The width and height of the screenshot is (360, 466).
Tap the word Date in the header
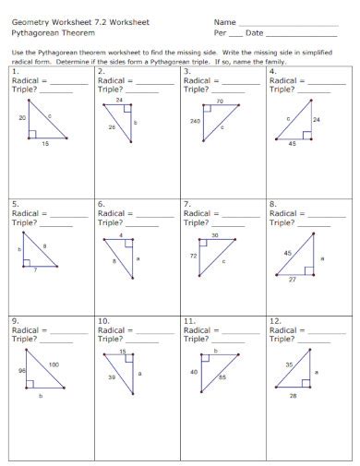click(x=254, y=33)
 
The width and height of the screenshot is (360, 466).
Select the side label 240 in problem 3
click(x=194, y=121)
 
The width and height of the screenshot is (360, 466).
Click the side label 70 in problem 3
click(x=220, y=101)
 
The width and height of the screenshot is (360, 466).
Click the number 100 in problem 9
click(x=54, y=364)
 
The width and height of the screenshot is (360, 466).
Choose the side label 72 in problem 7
click(x=194, y=254)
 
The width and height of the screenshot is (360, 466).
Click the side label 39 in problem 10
click(x=113, y=377)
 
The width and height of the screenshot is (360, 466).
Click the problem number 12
click(x=274, y=320)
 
